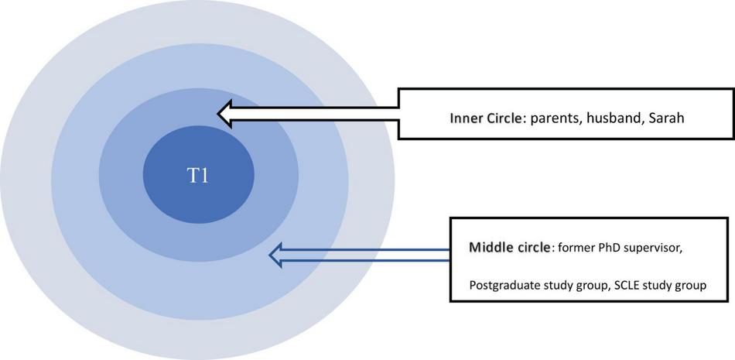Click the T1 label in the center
click(198, 176)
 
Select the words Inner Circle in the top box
click(487, 120)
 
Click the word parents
click(554, 120)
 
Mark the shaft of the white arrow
click(325, 115)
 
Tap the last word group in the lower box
click(690, 286)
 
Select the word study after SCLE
click(660, 286)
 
